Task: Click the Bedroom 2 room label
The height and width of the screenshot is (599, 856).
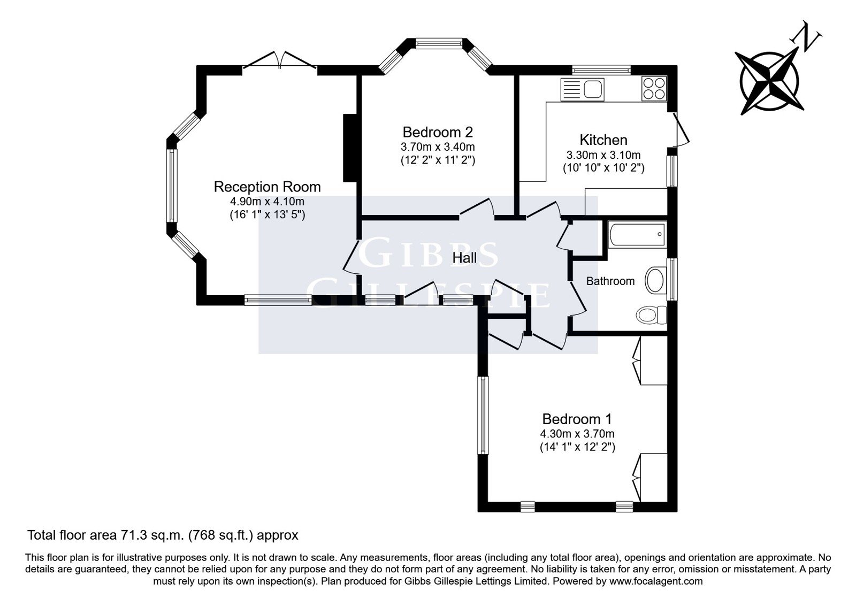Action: [x=438, y=132]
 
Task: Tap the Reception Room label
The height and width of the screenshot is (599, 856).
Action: [x=267, y=187]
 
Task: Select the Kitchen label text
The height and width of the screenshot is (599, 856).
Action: [x=603, y=140]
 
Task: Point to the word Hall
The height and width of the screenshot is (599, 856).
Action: [x=464, y=258]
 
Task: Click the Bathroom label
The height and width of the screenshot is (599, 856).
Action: [x=610, y=281]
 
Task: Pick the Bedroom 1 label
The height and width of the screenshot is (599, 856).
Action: [x=577, y=419]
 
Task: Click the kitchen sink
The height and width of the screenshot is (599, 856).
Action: [x=583, y=89]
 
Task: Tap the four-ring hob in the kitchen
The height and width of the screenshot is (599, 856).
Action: [x=654, y=89]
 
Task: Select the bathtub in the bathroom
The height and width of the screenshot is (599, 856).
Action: [x=637, y=235]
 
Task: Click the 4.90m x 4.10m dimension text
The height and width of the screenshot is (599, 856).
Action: [x=267, y=201]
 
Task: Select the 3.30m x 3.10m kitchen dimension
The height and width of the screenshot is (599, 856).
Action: [x=603, y=155]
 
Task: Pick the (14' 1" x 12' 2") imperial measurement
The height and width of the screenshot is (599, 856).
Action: [x=577, y=447]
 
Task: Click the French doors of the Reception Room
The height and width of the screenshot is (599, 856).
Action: [x=280, y=61]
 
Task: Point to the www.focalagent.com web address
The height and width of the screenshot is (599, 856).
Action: [x=656, y=581]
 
